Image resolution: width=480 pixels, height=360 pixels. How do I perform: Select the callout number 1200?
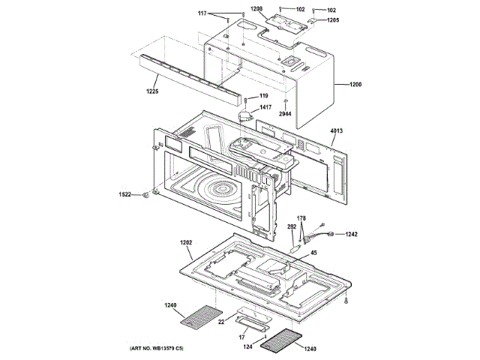(x=355, y=85)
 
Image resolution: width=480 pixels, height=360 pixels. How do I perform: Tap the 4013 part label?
(x=336, y=130)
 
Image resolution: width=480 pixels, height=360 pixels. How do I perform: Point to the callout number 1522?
(x=126, y=194)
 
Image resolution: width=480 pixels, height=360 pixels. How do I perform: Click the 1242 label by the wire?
(x=351, y=234)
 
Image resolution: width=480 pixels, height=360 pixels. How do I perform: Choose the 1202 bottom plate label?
(x=187, y=242)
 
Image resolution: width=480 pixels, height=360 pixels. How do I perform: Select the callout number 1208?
(x=256, y=9)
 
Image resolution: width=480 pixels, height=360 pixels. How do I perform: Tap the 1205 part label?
(x=333, y=20)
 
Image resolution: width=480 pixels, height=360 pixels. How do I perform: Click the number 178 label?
(x=301, y=217)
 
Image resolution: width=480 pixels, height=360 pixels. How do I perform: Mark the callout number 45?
(x=313, y=252)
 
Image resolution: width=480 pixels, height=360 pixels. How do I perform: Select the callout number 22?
(x=221, y=322)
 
